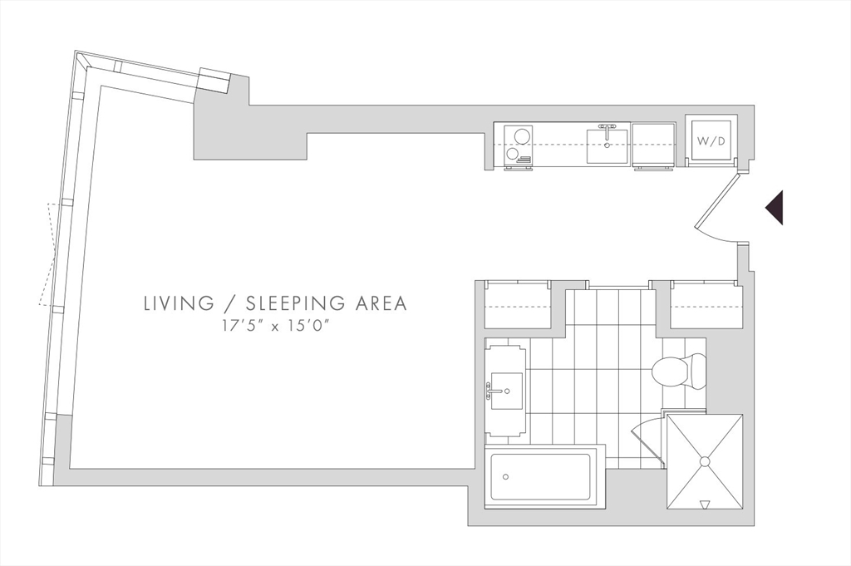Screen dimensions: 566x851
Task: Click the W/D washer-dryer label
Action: click(711, 141)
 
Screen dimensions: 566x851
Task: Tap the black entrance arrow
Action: click(775, 208)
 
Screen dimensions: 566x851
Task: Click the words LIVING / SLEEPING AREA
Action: click(275, 303)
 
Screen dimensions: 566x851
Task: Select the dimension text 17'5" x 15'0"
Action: click(275, 325)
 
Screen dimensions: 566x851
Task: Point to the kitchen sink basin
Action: click(608, 147)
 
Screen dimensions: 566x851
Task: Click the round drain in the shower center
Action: click(705, 460)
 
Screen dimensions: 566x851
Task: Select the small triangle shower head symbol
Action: click(705, 504)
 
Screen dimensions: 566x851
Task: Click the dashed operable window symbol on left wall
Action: click(47, 253)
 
